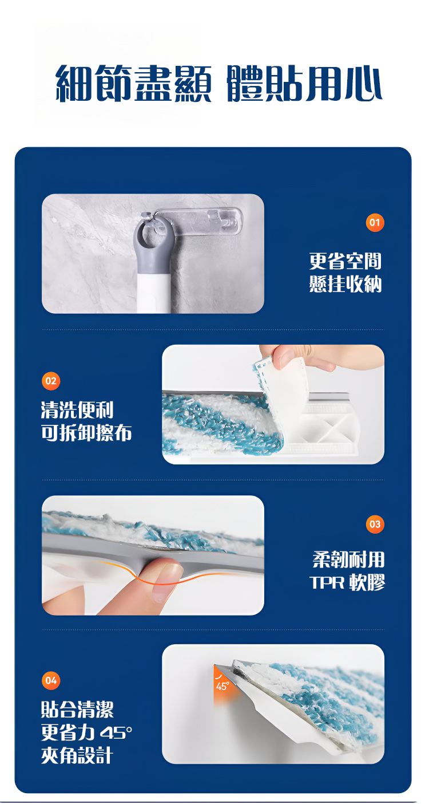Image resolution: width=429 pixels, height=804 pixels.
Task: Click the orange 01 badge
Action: (375, 223)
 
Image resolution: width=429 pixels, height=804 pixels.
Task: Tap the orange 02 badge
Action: (51, 381)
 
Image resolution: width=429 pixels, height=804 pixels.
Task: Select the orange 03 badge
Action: (375, 524)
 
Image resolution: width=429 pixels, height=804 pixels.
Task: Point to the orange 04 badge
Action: (51, 680)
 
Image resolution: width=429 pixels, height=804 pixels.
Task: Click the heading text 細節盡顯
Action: (133, 84)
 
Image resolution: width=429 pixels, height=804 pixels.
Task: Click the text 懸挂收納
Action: (345, 283)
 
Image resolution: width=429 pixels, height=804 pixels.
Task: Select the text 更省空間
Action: (345, 261)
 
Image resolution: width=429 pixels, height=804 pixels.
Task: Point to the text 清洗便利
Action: (77, 410)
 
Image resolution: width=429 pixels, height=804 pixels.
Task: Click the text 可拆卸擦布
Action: (86, 432)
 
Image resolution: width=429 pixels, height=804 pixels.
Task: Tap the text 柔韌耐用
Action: (348, 559)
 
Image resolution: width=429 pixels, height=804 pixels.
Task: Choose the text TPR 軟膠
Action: (347, 582)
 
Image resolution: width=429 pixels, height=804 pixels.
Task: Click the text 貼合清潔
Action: (77, 710)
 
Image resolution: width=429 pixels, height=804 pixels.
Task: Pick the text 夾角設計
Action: (77, 755)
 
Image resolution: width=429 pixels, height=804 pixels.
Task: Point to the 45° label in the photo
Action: (222, 686)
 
